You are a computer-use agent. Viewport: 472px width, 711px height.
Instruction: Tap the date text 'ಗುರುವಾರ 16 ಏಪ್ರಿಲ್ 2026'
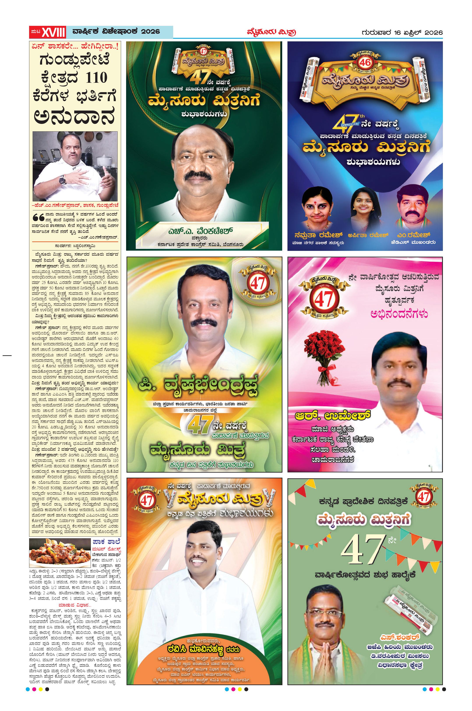coord(402,32)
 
